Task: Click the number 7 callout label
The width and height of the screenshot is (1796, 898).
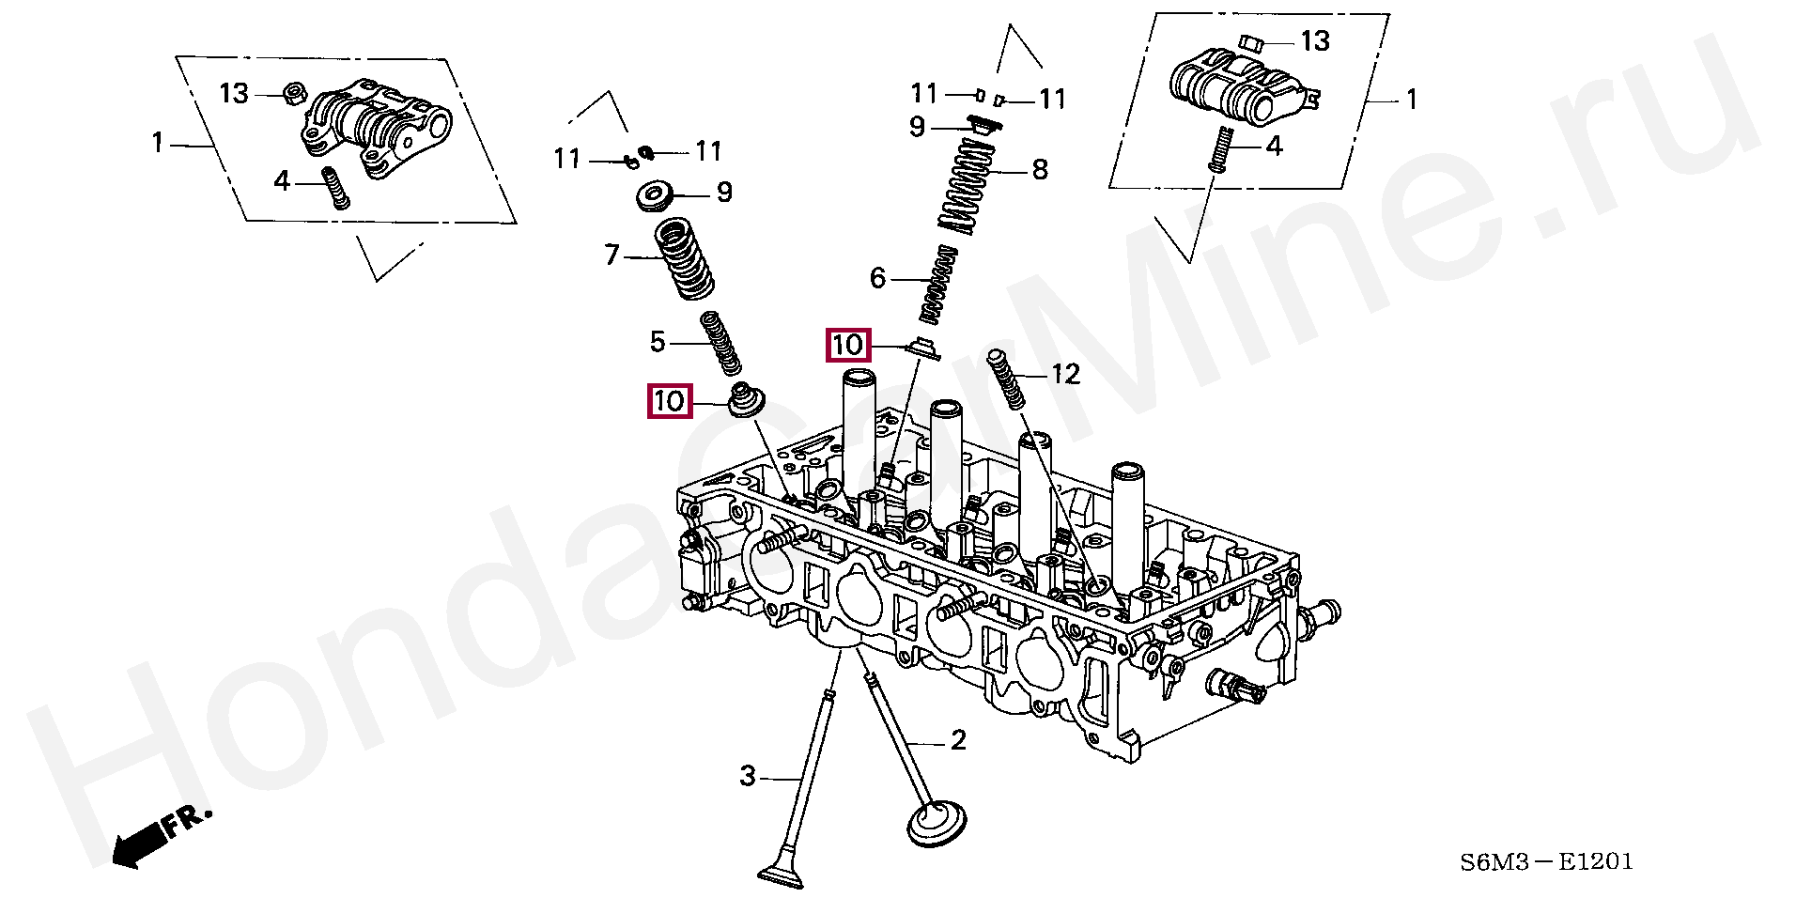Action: pyautogui.click(x=612, y=255)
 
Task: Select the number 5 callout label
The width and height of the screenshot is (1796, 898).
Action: pyautogui.click(x=658, y=342)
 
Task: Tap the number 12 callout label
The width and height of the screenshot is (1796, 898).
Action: pyautogui.click(x=1065, y=375)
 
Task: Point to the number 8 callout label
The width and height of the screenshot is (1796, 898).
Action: pyautogui.click(x=1040, y=170)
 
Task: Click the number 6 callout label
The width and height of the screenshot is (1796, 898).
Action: pyautogui.click(x=877, y=278)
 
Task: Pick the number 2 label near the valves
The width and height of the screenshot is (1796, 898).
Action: pyautogui.click(x=958, y=740)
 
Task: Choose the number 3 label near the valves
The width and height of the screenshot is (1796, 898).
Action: pyautogui.click(x=748, y=776)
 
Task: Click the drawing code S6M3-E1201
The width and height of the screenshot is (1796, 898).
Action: pyautogui.click(x=1546, y=861)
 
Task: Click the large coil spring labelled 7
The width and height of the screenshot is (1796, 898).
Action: pyautogui.click(x=684, y=258)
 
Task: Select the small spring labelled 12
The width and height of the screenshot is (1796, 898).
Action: pyautogui.click(x=1005, y=379)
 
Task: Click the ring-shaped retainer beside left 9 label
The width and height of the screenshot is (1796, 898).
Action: pyautogui.click(x=652, y=197)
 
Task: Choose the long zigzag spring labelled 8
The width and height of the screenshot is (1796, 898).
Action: pyautogui.click(x=967, y=187)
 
